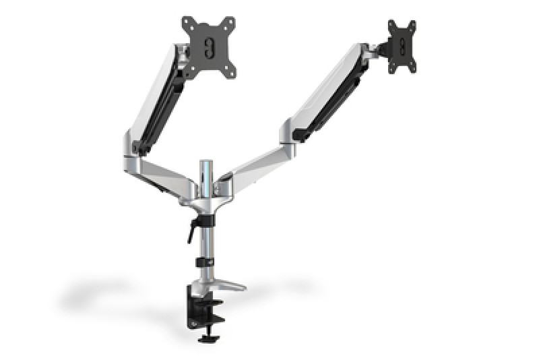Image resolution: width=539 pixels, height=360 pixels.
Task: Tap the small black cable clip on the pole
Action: tap(204, 262)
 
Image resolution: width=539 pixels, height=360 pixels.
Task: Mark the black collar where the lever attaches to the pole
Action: tap(203, 220)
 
